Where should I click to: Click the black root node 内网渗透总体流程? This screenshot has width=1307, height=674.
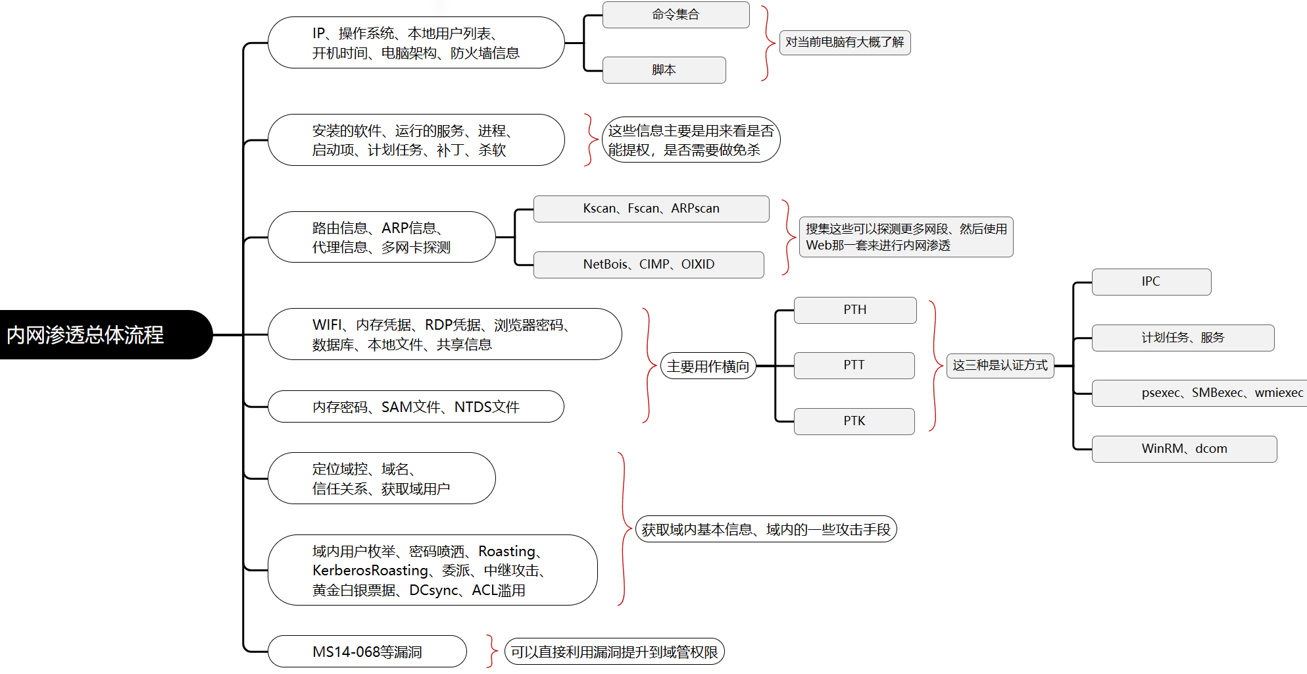click(x=105, y=334)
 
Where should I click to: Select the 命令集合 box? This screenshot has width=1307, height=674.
click(x=676, y=14)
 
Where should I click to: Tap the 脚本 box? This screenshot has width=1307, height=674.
click(x=664, y=70)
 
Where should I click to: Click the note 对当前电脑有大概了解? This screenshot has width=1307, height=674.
click(x=845, y=42)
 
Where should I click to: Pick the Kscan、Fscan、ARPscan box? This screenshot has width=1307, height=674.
click(x=651, y=209)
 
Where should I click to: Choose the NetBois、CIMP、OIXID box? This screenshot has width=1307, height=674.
click(x=649, y=265)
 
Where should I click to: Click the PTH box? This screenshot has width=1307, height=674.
click(x=855, y=310)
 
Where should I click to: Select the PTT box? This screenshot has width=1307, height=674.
click(x=854, y=365)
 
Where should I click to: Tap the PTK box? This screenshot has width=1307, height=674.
click(x=854, y=421)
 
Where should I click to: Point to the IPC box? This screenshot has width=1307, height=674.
click(x=1151, y=282)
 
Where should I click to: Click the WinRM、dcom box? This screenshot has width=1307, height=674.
click(x=1184, y=449)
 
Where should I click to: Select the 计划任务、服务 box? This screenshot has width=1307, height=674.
click(x=1183, y=338)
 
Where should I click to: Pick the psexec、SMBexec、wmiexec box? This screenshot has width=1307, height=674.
click(x=1199, y=393)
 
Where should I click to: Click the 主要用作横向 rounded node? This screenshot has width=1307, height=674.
click(x=708, y=366)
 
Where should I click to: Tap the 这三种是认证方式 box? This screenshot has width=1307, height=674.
click(x=1000, y=365)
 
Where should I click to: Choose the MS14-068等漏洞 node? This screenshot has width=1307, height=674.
click(x=367, y=652)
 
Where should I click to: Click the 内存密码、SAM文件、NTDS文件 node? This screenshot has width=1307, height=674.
click(x=416, y=407)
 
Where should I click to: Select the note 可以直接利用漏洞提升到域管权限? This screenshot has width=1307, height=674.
click(x=614, y=652)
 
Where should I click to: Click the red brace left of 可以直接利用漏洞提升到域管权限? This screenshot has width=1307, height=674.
click(x=492, y=652)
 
